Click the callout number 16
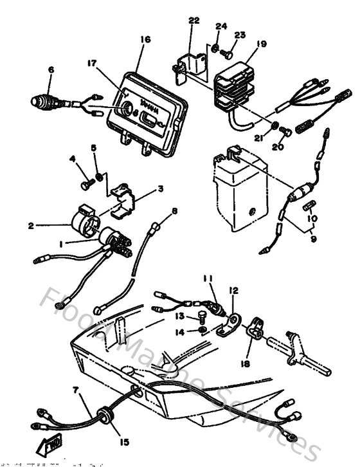(145, 40)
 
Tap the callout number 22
(194, 21)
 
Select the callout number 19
(260, 44)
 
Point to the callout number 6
(51, 70)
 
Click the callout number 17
(92, 63)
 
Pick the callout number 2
(31, 226)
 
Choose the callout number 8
(174, 211)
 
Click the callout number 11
(208, 279)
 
